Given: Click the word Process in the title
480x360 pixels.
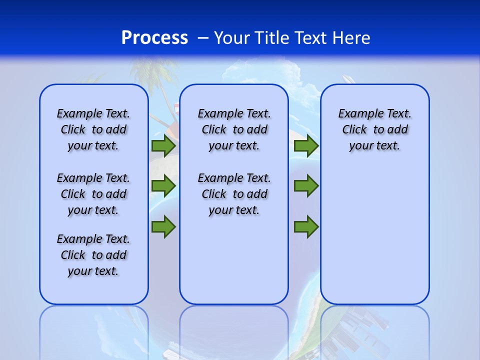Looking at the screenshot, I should point(154,38).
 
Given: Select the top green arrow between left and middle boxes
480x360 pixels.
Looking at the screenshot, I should point(163,145).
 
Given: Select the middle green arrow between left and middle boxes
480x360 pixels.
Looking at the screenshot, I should point(163,186).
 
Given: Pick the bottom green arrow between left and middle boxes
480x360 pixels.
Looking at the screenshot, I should point(163,226).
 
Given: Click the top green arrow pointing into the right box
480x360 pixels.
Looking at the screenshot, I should point(306,145).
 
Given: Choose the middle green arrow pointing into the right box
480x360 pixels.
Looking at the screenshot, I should point(306,186).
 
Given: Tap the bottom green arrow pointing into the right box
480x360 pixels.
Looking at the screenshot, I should point(306,226).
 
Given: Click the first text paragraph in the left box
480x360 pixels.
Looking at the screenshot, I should point(93,129).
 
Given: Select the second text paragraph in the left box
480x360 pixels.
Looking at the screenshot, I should point(93,194).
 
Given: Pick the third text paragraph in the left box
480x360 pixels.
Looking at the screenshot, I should point(93,255).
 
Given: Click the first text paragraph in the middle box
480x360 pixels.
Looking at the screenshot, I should point(234,129).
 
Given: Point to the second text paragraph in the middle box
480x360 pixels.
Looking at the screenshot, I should point(234,194).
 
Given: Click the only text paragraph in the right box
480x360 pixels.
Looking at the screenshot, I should point(375,129).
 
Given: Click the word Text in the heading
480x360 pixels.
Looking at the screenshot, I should point(311,38).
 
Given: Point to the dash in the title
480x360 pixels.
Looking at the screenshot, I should point(203,38).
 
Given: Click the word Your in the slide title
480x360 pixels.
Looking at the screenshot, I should point(232,38).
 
